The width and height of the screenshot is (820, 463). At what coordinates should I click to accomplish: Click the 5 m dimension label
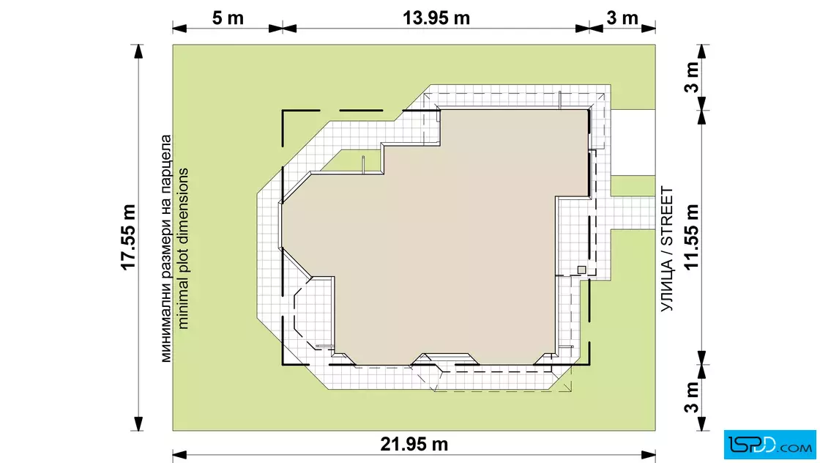tap(228, 18)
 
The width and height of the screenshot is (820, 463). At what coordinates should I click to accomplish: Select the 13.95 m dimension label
tap(436, 18)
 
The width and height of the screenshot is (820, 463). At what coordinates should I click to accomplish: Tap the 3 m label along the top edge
tap(622, 18)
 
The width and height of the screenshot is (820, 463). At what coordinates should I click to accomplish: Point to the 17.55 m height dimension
tap(128, 237)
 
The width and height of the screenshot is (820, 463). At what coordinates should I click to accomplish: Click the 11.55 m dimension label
tap(691, 237)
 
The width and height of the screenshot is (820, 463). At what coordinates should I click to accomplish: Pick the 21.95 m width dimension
tap(414, 444)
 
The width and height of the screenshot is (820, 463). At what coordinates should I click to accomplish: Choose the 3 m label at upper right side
tap(691, 78)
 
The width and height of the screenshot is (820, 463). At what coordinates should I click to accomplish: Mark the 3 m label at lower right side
tap(691, 397)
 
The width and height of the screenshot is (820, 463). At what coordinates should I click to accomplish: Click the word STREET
tap(667, 216)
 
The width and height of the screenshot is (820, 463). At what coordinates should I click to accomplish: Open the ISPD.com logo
tap(769, 445)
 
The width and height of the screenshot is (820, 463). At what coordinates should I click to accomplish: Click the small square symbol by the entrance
tap(581, 270)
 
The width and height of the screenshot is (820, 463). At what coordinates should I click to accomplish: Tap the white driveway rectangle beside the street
tap(633, 142)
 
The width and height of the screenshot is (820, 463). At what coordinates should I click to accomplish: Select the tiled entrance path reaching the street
tap(633, 213)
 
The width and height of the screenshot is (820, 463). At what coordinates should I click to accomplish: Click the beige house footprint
tap(444, 235)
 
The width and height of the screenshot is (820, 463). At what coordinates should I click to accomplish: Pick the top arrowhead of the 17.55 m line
tap(138, 51)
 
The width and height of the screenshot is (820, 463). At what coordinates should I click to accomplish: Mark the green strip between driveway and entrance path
tap(633, 186)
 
